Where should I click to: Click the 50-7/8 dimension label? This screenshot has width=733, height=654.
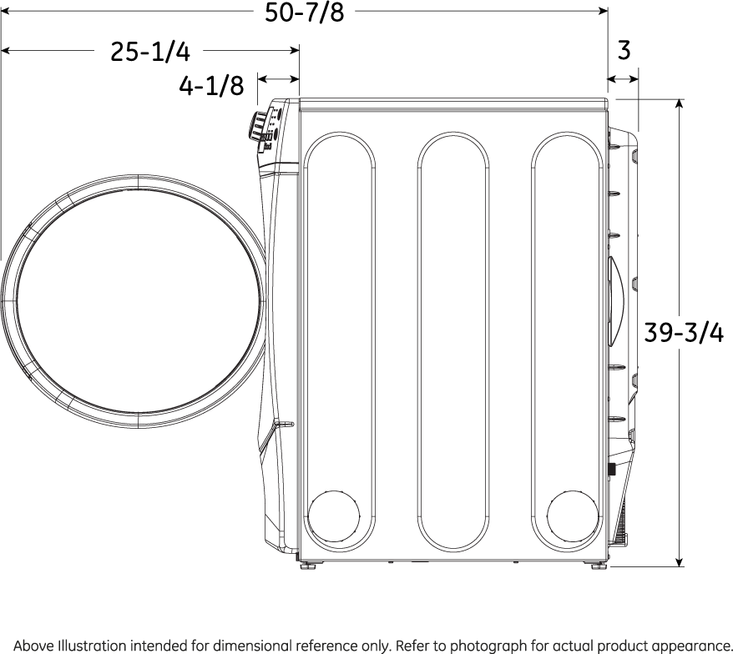pos(305,13)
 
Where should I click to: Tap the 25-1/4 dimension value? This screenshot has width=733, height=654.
pos(150,52)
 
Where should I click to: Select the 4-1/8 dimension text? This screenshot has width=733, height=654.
pos(211,86)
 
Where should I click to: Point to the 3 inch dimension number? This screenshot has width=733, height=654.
pos(624,50)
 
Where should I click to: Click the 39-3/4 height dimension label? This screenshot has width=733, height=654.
pos(684,333)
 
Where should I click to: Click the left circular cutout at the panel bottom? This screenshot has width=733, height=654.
pos(334,516)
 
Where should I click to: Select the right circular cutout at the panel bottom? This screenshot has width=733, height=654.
pos(573,516)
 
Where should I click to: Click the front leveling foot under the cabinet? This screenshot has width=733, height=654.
pos(308,566)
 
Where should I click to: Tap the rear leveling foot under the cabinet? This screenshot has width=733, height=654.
pos(599,566)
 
